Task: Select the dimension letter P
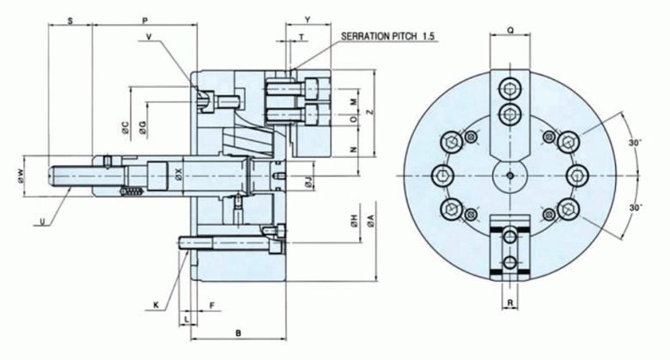144,17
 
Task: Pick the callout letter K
157,304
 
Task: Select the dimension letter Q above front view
510,28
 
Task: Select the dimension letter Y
308,17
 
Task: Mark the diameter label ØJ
308,180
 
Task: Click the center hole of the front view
509,175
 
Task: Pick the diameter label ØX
178,175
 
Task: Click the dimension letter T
301,38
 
